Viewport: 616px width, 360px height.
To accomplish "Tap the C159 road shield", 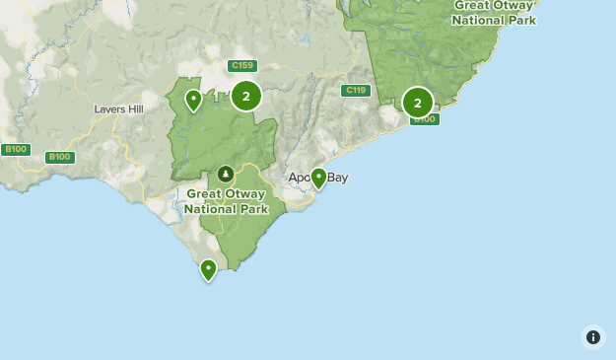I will (241, 66).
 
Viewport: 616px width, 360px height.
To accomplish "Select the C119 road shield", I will (356, 91).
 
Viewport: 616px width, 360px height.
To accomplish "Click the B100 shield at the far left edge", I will (16, 150).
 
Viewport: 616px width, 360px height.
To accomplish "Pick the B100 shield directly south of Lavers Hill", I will (60, 157).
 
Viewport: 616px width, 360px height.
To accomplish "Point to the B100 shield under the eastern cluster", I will (424, 119).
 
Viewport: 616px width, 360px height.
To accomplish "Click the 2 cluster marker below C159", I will (245, 96).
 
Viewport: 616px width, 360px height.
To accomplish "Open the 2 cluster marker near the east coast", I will (417, 102).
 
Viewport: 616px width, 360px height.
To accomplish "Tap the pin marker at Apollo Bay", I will (318, 179).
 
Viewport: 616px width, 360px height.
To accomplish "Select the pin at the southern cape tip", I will (208, 269).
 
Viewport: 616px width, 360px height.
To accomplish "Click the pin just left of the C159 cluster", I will (193, 100).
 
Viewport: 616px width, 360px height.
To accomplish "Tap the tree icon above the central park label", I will (226, 174).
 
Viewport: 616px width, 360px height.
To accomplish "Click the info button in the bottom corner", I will (592, 337).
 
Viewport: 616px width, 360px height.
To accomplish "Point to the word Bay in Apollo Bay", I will (337, 178).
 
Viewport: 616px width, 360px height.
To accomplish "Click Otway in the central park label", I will (246, 194).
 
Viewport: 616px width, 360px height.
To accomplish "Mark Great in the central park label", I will (203, 194).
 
